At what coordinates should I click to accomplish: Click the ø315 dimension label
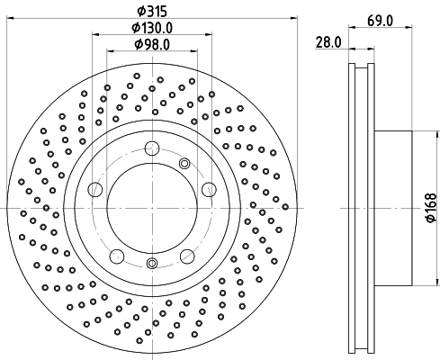tap(152, 12)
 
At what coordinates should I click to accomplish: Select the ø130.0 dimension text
tap(152, 28)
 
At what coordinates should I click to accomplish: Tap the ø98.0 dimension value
tap(152, 45)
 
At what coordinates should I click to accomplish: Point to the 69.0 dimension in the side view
tap(380, 22)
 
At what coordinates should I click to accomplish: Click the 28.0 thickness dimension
tap(328, 42)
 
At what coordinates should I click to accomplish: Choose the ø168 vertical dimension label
tap(431, 208)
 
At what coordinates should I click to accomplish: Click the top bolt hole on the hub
tap(152, 148)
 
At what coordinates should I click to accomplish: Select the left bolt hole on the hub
tap(95, 190)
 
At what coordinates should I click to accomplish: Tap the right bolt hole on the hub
tap(209, 190)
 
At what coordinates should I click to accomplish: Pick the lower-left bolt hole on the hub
tap(117, 256)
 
